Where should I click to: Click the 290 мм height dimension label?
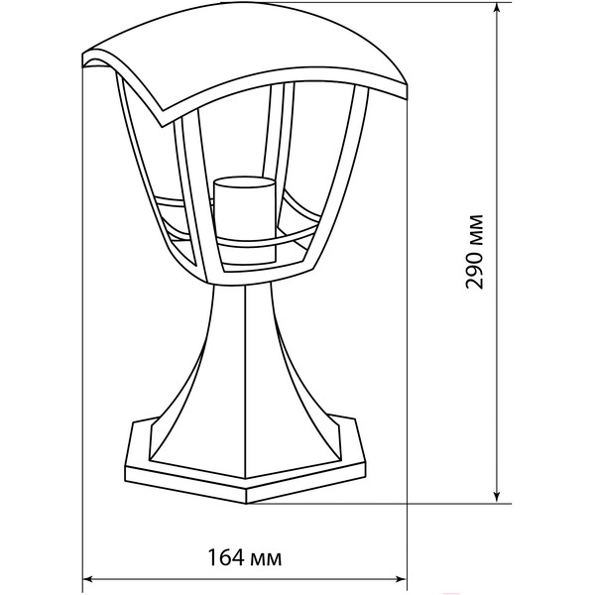coord(474,252)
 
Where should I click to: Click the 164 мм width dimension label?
coord(245,557)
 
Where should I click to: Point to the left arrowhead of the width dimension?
coord(89,579)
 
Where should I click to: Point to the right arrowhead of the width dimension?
coord(401,579)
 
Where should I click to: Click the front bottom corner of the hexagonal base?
coord(246,503)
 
